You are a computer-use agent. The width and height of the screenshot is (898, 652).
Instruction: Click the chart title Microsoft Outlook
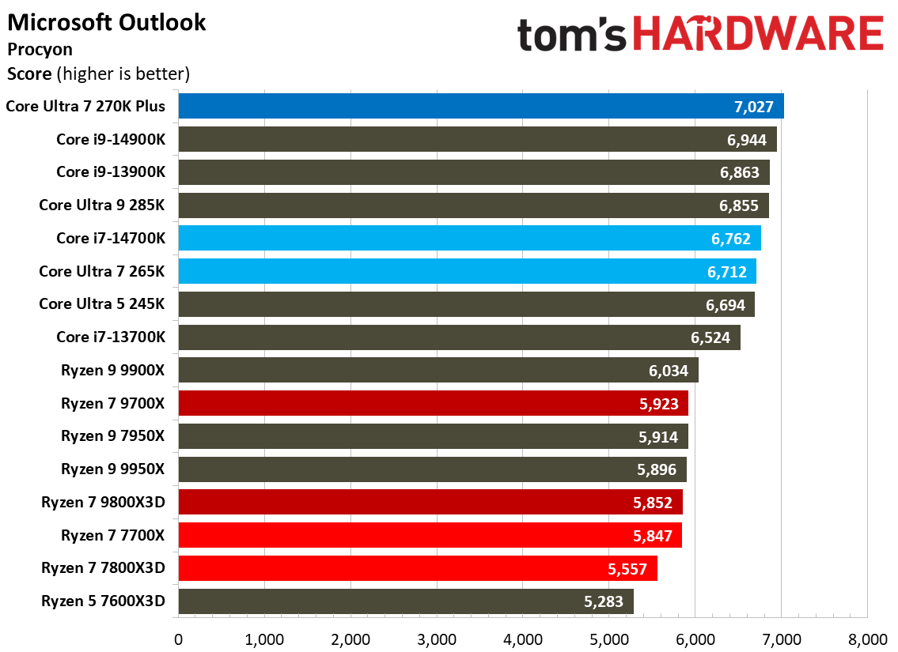(107, 22)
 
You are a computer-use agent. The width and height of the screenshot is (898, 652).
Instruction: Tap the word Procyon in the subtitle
(40, 49)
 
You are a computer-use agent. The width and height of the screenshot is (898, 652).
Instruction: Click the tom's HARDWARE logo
(699, 36)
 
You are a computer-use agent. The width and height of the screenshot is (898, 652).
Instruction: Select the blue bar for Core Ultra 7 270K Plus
(480, 106)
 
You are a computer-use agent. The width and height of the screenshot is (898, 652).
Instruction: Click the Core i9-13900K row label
(111, 172)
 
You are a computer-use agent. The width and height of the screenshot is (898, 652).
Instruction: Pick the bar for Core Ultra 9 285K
(473, 205)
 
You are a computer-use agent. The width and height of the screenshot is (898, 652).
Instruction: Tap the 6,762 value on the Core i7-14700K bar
(728, 239)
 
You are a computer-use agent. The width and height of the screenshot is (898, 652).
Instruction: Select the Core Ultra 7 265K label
(102, 271)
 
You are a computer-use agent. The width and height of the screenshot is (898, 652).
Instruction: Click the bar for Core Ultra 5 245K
(466, 304)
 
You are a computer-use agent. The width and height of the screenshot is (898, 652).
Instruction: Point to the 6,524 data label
(708, 337)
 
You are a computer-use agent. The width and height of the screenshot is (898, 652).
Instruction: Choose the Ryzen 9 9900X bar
(438, 370)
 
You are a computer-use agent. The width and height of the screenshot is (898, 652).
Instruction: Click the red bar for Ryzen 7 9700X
(433, 403)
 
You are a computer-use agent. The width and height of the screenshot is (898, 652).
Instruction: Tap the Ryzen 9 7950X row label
(113, 435)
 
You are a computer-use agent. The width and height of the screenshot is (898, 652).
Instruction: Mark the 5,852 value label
(650, 503)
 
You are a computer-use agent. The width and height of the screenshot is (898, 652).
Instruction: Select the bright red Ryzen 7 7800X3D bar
(418, 568)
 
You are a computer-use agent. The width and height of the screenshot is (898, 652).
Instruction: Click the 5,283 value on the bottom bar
(604, 601)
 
